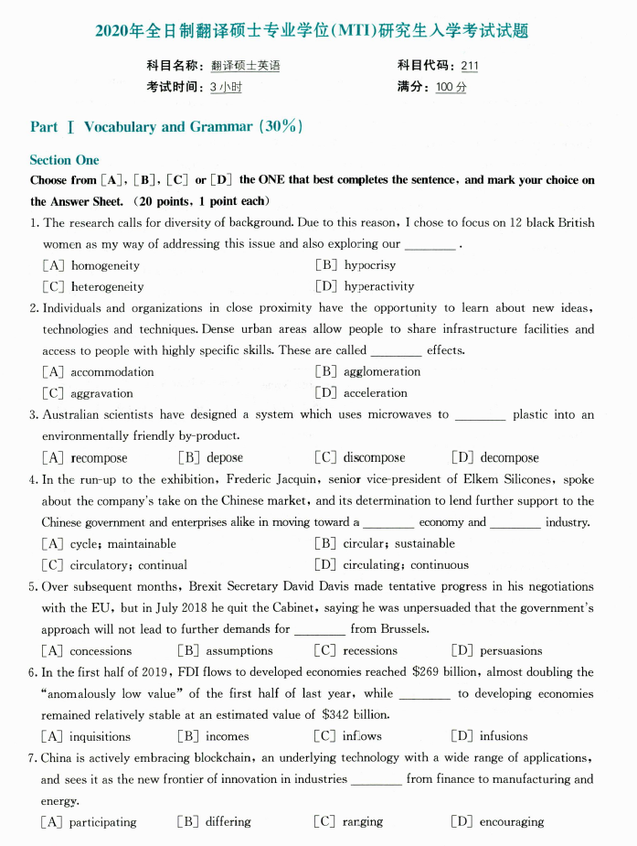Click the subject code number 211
[x=470, y=66]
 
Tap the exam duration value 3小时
[x=226, y=88]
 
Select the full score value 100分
[x=451, y=88]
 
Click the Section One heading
[x=64, y=160]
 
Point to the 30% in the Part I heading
[x=281, y=127]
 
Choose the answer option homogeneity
[x=105, y=265]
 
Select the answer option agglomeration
[x=382, y=371]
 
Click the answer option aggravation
[x=101, y=393]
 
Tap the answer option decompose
[x=509, y=458]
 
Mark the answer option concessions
[x=101, y=651]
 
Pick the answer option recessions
[x=370, y=651]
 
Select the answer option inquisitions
[x=101, y=736]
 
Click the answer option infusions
[x=504, y=736]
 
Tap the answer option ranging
[x=363, y=822]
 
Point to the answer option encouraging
[x=511, y=822]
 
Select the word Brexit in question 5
[x=208, y=586]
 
